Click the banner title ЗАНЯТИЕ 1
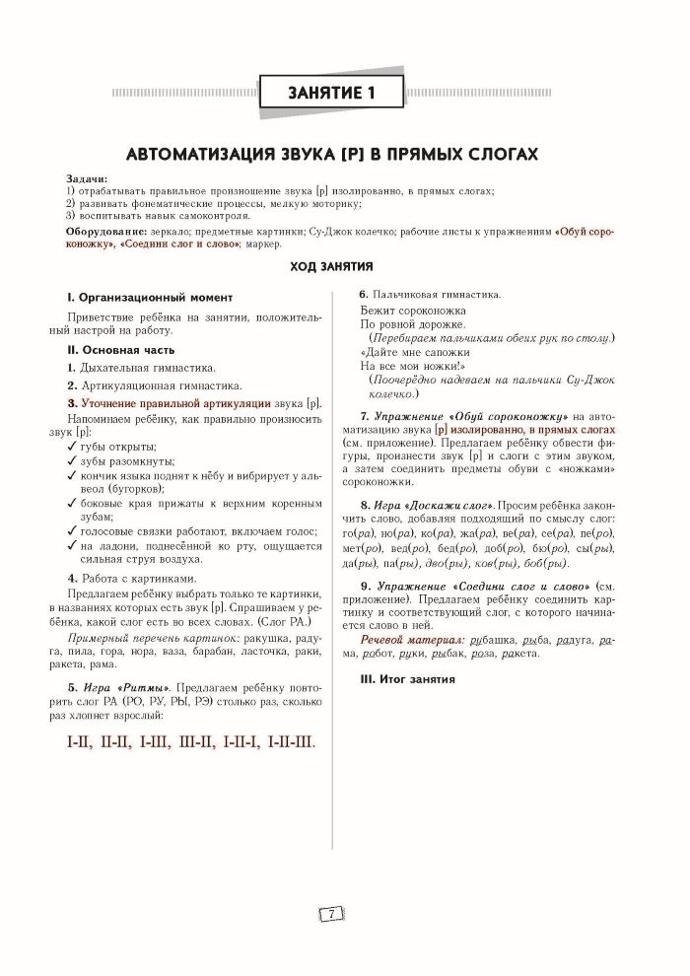332,95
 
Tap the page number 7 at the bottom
332,914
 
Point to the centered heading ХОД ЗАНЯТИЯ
331,266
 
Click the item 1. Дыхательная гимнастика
134,367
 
